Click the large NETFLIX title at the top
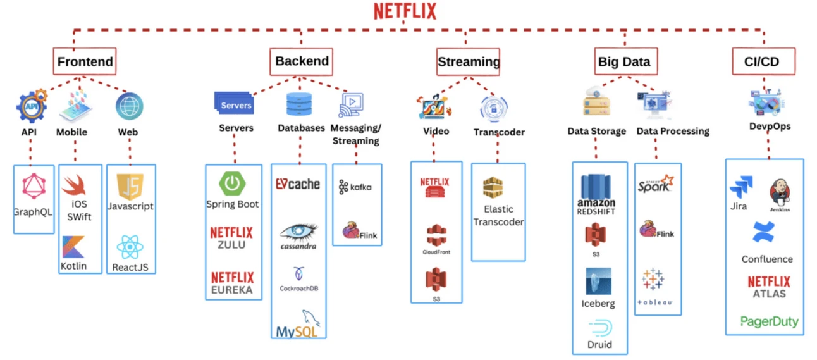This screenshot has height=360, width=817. tap(405, 12)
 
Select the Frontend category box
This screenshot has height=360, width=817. tap(85, 62)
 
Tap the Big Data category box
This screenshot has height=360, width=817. tap(623, 62)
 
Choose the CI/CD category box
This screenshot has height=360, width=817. tap(764, 62)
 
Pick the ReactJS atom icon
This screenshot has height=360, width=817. tap(131, 247)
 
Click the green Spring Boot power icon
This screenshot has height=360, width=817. tap(232, 184)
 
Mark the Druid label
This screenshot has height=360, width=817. tap(599, 345)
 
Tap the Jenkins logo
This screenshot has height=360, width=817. tap(779, 194)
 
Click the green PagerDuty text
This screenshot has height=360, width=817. tap(769, 321)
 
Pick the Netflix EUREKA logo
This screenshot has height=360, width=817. tap(232, 283)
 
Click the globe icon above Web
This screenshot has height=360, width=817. tap(129, 107)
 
